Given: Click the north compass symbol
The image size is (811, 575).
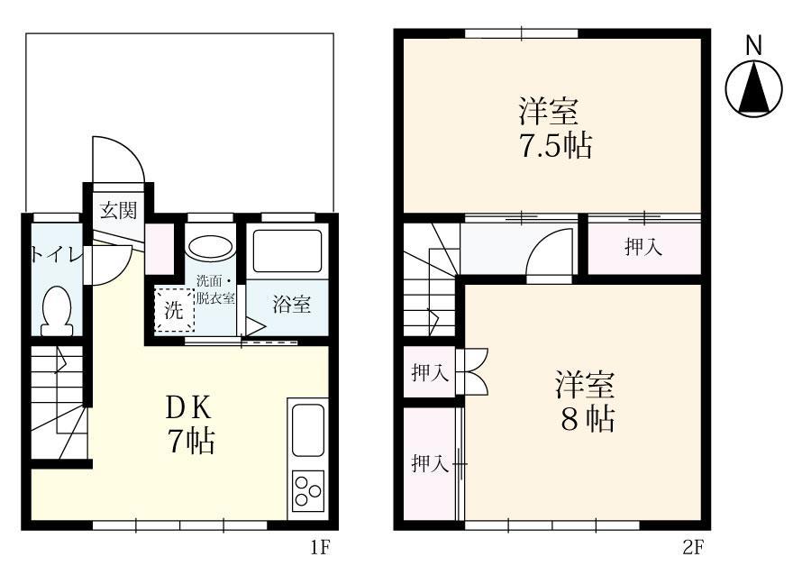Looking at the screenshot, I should [x=754, y=89].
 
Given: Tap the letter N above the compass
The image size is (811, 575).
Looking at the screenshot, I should [x=754, y=45].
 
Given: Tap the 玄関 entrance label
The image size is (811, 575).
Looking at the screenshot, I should [x=118, y=211].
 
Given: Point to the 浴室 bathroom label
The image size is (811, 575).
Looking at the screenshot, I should [x=292, y=305].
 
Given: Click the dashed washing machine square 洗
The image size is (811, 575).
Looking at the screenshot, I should [x=173, y=311].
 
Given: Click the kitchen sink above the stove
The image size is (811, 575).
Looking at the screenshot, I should [x=307, y=430].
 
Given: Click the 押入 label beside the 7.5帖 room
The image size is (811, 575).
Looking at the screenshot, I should [x=643, y=248].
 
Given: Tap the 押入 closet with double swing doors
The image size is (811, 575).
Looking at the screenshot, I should [x=430, y=372].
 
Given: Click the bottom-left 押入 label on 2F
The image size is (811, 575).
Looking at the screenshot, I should [x=430, y=463].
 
